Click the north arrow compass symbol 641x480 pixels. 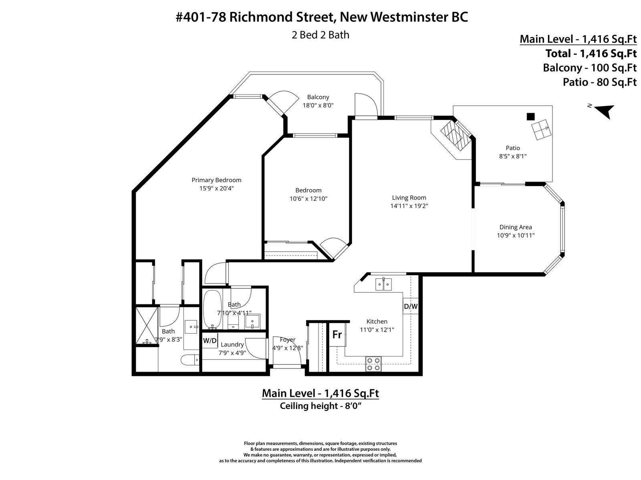point(604,111)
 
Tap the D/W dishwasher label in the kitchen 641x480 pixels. point(411,306)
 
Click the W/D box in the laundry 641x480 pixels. point(210,340)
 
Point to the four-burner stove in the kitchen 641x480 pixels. point(373,364)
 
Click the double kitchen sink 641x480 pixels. point(383,284)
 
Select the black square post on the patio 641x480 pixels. point(530,116)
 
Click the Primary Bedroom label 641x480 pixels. point(216,180)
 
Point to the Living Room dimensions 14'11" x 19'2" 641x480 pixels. point(409,206)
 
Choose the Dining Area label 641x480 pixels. point(516,227)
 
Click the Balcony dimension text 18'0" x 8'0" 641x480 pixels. point(318,105)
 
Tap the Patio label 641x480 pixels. point(513,148)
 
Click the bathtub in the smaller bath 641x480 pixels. point(212,309)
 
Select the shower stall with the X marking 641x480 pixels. point(147,325)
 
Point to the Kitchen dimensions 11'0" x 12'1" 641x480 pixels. point(377,330)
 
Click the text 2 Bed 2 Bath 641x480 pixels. point(320,35)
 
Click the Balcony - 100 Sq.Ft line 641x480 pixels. point(590,68)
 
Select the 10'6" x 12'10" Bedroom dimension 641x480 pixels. point(308,199)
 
